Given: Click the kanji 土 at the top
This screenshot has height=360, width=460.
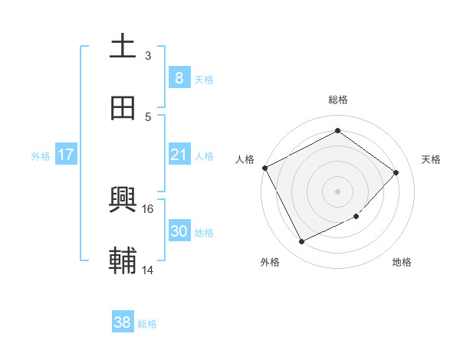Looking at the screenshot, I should point(123,47).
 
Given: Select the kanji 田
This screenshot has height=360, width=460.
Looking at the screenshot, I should point(123,108).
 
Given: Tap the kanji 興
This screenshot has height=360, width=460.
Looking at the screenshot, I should point(123,200).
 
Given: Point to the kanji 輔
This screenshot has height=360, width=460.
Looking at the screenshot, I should point(123,261).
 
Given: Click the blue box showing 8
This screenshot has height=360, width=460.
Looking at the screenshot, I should point(179,77).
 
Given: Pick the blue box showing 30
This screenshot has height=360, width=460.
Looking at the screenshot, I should point(179,231).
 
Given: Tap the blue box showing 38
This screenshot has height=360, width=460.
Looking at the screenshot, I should point(122,322).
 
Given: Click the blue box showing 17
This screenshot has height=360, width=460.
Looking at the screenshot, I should point(66,155).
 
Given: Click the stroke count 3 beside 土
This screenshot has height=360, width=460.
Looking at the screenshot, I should point(147,56).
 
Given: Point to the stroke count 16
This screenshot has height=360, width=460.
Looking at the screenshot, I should point(148,208).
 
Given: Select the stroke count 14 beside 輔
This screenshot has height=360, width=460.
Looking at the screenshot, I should point(148,270).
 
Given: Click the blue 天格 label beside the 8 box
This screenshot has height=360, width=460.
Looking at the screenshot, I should point(203,79).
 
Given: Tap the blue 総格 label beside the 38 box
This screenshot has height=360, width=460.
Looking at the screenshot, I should point(146,324).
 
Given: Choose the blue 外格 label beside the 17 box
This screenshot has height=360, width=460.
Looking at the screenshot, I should point(41,156).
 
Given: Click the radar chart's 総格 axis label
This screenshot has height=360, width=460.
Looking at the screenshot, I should point(337,100).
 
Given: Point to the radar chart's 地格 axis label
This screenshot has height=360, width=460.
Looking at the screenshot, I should point(402,262).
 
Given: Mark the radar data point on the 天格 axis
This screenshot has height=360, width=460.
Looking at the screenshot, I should point(396,172).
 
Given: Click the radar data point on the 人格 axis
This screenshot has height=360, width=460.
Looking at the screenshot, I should point(264,168).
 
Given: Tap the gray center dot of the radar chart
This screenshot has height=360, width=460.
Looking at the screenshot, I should point(337,191).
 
